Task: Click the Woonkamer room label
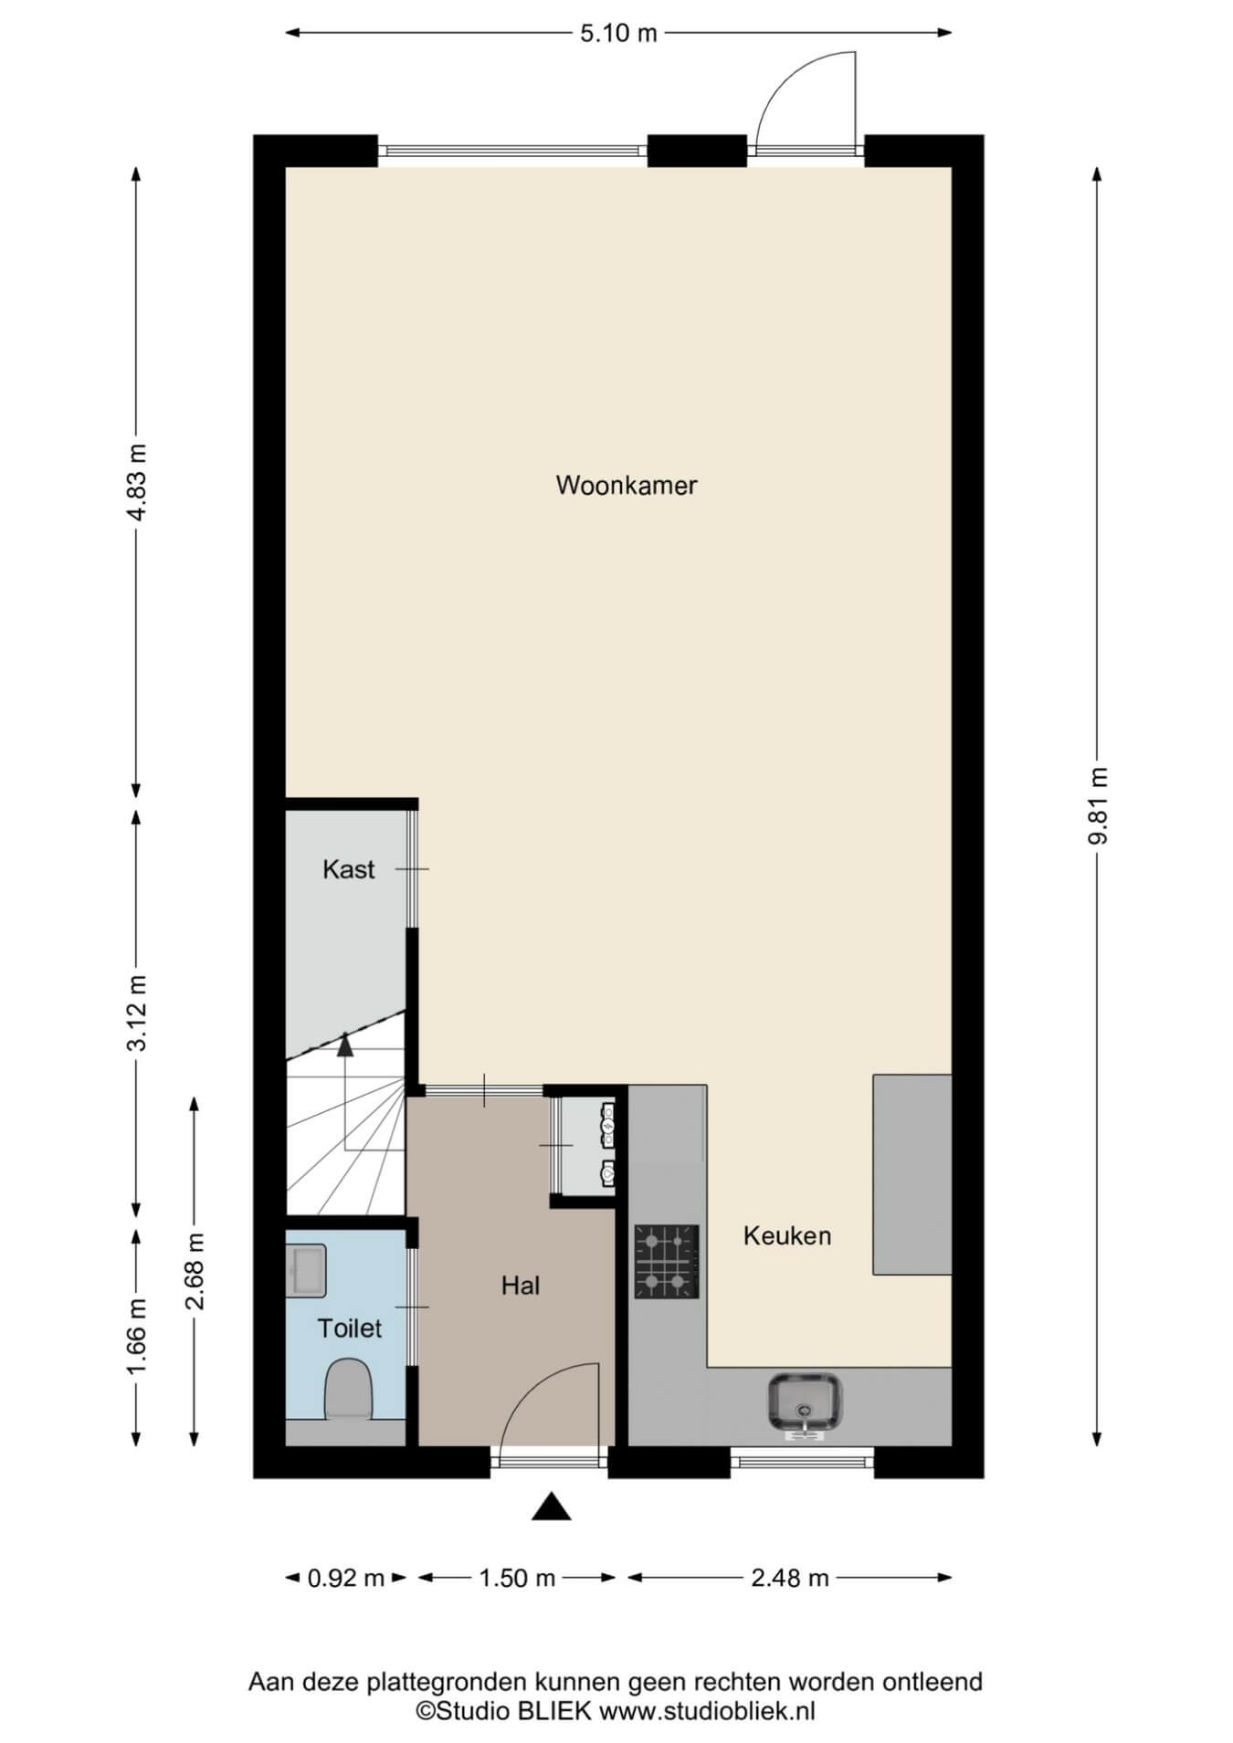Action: point(627,485)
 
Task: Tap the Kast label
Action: point(349,869)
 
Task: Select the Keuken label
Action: point(787,1236)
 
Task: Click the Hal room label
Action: point(521,1286)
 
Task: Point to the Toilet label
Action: point(349,1328)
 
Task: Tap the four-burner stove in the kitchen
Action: point(667,1262)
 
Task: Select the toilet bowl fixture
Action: point(348,1390)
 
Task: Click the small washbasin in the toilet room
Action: point(305,1271)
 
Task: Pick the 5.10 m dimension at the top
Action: point(618,34)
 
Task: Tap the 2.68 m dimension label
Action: point(195,1271)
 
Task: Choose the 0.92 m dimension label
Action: point(346,1578)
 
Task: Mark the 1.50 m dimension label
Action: point(518,1578)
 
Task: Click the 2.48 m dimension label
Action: point(790,1578)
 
